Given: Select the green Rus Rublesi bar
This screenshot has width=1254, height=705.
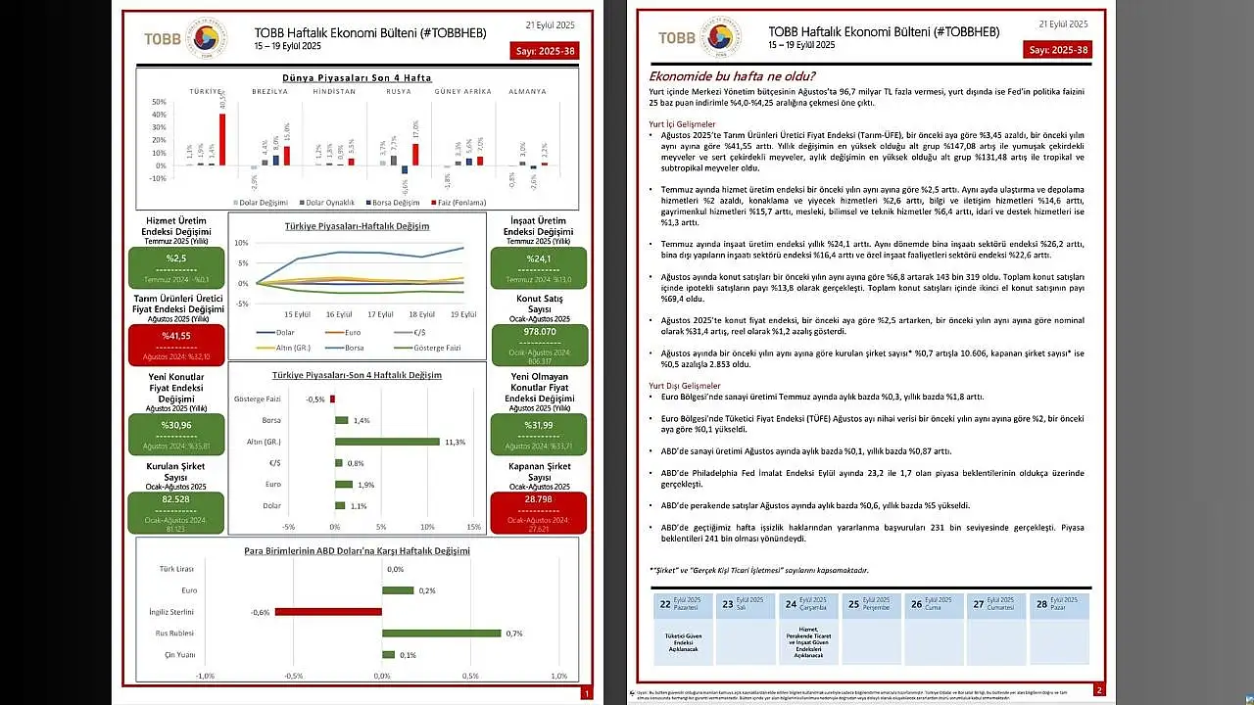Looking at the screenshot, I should [x=442, y=633].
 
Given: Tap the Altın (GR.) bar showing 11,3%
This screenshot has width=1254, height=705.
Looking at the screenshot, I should [x=387, y=442].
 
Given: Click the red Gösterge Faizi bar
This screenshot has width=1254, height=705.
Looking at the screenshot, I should [x=332, y=399].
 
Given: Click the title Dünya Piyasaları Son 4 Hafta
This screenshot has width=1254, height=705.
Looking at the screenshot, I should [x=357, y=77].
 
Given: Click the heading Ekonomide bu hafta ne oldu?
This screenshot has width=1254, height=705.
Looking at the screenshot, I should [x=732, y=76].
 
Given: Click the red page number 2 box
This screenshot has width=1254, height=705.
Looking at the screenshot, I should [x=1099, y=690].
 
